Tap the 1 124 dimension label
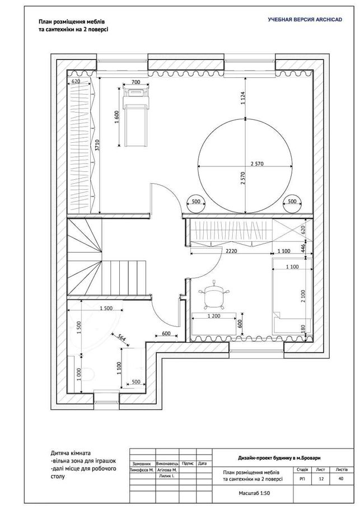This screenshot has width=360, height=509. click(243, 98)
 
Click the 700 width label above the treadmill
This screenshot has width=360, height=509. click(136, 82)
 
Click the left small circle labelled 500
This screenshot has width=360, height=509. click(196, 203)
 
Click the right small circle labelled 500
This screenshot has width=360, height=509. click(292, 203)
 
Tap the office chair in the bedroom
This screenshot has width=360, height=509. click(214, 295)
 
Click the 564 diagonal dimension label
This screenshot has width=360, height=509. click(121, 338)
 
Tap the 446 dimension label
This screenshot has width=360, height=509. click(302, 248)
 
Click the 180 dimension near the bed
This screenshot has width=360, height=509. click(302, 329)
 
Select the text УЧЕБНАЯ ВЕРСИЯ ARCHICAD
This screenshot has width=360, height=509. click(305, 20)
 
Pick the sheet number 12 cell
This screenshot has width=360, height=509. click(321, 478)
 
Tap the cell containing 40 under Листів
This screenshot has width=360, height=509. click(340, 478)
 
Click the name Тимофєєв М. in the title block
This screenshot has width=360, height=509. click(142, 470)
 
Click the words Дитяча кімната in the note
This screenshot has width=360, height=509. click(71, 453)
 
